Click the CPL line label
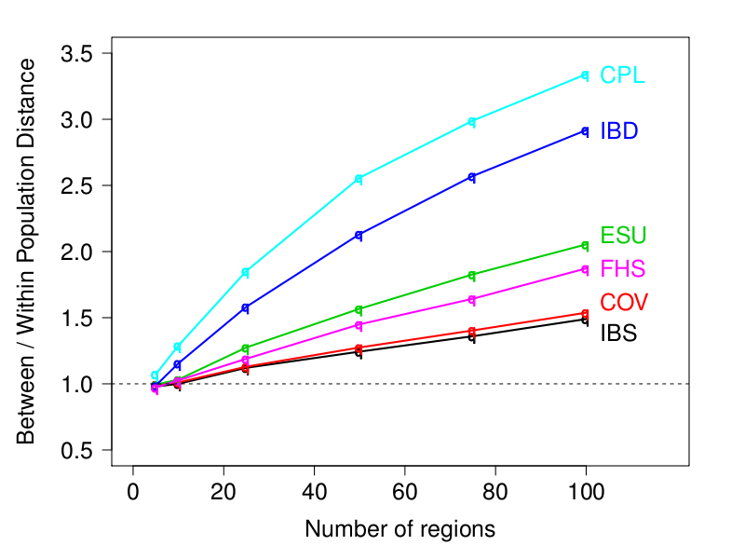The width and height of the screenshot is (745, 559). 622,75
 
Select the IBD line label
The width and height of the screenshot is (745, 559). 619,131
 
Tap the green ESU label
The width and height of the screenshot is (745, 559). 623,235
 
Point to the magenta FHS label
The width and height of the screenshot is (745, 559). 623,269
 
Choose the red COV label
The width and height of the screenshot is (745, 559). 624,303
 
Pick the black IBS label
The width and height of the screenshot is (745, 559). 619,334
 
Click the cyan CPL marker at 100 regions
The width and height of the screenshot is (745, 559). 585,75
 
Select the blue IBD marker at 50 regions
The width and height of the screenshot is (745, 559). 359,236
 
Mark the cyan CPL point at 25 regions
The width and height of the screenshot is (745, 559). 246,272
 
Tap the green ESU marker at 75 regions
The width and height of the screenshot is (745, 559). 472,275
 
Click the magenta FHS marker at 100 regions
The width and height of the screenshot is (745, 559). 585,269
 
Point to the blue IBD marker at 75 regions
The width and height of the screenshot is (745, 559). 472,177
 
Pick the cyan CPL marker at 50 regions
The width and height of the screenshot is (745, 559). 359,179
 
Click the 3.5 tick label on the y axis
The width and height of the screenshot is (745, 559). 76,54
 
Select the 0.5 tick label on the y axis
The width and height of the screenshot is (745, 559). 76,451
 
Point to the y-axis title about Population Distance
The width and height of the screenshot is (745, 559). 28,252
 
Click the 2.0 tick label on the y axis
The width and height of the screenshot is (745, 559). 76,252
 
